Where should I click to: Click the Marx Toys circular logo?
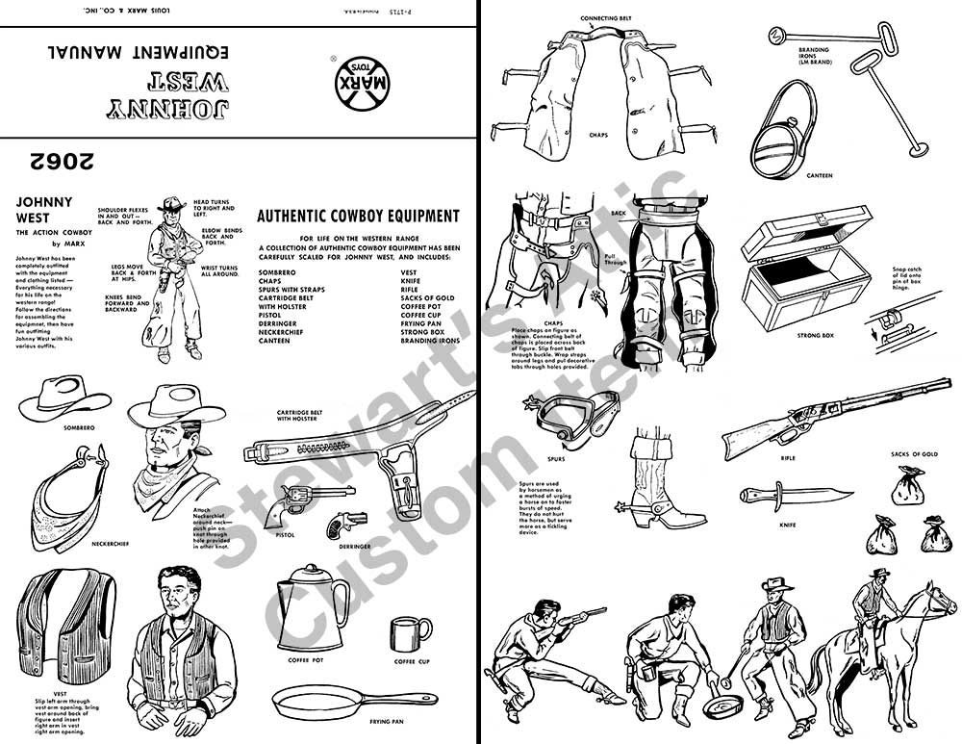point(356,84)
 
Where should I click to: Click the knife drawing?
point(796,496)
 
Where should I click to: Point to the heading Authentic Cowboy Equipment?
point(358,217)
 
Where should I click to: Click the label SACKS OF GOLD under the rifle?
point(914,452)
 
